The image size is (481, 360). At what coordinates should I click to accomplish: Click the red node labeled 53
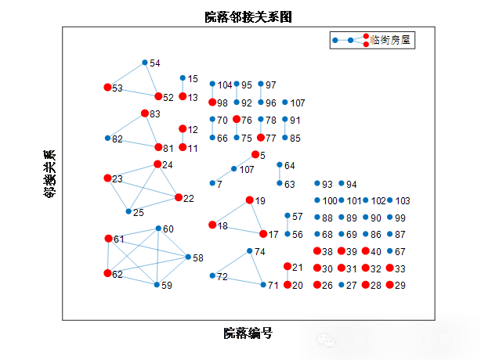click(108, 88)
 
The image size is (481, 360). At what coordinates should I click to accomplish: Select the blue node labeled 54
click(145, 63)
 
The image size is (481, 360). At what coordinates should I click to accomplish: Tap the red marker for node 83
click(145, 113)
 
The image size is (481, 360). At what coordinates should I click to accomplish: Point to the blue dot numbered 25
click(128, 211)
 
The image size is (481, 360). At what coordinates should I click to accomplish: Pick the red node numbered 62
click(108, 273)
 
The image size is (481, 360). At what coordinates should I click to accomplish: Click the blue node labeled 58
click(188, 257)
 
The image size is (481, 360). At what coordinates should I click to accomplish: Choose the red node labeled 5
click(255, 155)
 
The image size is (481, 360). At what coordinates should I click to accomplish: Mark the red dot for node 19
click(250, 200)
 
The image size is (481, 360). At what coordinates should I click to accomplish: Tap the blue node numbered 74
click(250, 251)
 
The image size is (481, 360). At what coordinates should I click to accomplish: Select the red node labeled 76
click(237, 120)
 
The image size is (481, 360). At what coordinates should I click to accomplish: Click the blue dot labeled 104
click(212, 84)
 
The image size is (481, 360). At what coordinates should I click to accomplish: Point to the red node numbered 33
click(390, 268)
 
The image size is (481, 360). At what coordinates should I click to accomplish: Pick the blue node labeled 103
click(390, 200)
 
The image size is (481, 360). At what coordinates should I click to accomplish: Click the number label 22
click(189, 198)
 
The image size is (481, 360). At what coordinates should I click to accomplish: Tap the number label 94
click(352, 185)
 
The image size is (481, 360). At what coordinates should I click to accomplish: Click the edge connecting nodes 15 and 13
click(183, 88)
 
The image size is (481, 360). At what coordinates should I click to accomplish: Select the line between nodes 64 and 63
click(280, 175)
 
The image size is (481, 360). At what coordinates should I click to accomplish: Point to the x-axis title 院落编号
click(248, 333)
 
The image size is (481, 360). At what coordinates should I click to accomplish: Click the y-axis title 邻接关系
click(50, 173)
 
